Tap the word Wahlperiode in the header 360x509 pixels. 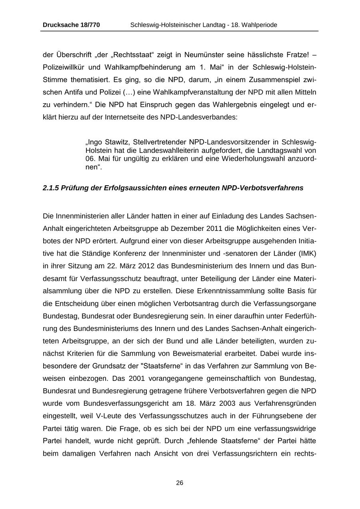pyautogui.click(x=259, y=25)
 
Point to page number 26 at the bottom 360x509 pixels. pyautogui.click(x=180, y=483)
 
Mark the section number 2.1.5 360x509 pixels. pyautogui.click(x=51, y=188)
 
